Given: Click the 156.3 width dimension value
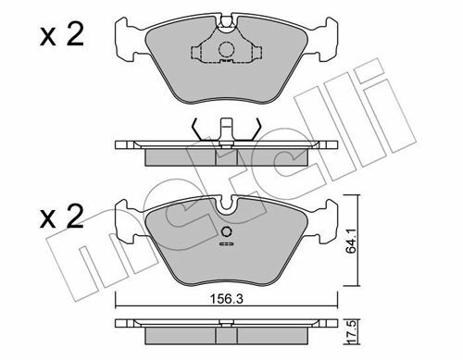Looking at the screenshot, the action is tap(226, 299).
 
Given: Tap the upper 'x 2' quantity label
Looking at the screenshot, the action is tap(62, 35).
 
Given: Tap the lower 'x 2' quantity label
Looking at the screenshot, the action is tap(62, 217).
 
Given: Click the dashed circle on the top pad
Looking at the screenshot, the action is tap(226, 49).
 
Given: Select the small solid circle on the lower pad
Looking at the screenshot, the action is tap(227, 232).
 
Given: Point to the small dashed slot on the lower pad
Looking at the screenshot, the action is tap(227, 244).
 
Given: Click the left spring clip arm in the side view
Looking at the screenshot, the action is tap(197, 130).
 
